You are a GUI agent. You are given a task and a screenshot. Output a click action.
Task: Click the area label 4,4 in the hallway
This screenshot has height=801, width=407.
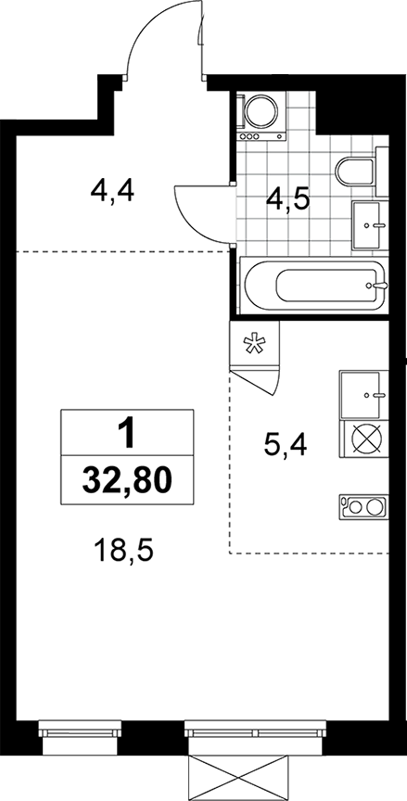click(x=112, y=192)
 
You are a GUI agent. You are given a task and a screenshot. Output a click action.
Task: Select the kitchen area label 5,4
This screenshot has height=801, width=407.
click(x=285, y=444)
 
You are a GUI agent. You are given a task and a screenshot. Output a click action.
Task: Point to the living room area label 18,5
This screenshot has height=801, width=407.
click(x=123, y=552)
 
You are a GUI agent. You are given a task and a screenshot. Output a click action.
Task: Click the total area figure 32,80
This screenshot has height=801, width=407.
click(x=127, y=480)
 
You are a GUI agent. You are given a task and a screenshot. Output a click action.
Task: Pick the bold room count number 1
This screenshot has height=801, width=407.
click(x=127, y=432)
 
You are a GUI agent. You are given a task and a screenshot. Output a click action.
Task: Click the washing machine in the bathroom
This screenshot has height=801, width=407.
click(x=261, y=116)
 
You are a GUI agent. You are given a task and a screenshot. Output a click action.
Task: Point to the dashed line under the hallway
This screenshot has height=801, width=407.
click(x=122, y=251)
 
